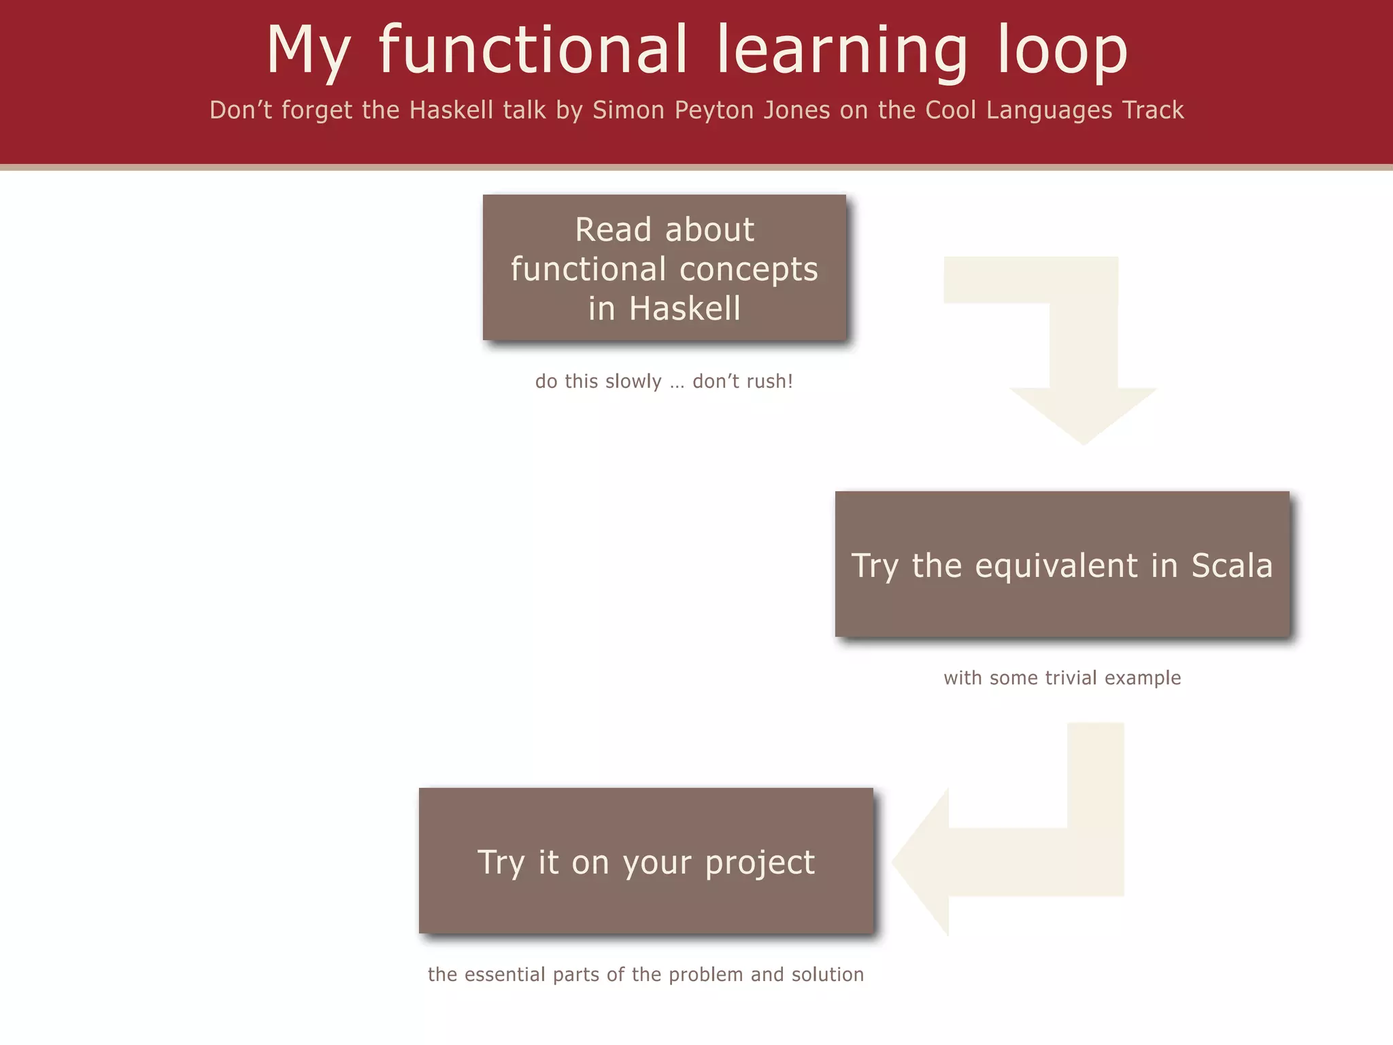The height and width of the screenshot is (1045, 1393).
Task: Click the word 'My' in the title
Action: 308,51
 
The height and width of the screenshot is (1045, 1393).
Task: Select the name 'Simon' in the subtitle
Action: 628,110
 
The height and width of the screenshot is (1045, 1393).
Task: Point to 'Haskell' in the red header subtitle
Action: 451,110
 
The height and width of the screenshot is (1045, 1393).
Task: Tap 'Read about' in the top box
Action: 665,229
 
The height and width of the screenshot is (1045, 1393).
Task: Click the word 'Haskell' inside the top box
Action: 684,308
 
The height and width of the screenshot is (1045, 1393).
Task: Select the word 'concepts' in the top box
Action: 748,269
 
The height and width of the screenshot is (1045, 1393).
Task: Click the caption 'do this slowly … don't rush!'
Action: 664,381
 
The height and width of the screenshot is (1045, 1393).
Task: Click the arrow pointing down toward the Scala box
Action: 1083,354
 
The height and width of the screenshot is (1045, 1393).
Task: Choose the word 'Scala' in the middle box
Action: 1231,565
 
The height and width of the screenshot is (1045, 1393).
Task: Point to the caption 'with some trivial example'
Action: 1062,678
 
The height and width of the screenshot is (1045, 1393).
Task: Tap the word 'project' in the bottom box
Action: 759,863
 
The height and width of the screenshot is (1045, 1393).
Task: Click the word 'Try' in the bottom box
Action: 501,863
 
